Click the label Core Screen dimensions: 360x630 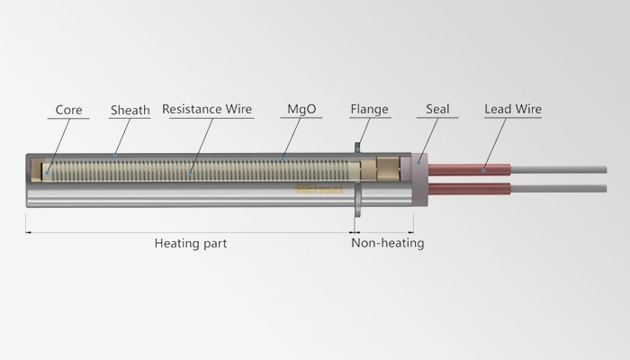pos(68,111)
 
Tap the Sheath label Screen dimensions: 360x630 pos(130,111)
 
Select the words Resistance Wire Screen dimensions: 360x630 pos(207,110)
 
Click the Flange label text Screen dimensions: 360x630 pos(369,111)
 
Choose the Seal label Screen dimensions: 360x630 pos(438,111)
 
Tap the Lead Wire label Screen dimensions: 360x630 pos(513,111)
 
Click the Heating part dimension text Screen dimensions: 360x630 pos(190,243)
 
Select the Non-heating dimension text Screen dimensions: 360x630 pos(387,243)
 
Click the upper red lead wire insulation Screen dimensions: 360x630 pos(468,167)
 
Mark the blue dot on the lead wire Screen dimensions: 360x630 pos(484,167)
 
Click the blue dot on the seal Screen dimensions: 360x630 pos(419,160)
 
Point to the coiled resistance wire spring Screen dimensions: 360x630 pos(198,168)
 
